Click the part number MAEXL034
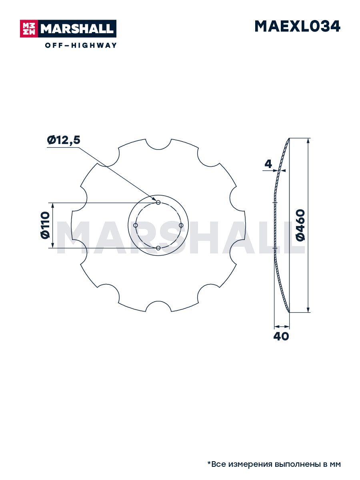pyautogui.click(x=297, y=26)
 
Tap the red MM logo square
pyautogui.click(x=29, y=29)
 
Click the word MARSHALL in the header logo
pyautogui.click(x=77, y=29)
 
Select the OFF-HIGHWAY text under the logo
pyautogui.click(x=81, y=45)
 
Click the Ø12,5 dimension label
pyautogui.click(x=64, y=140)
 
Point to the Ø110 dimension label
pyautogui.click(x=46, y=225)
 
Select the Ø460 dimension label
pyautogui.click(x=301, y=225)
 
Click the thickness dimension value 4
pyautogui.click(x=268, y=164)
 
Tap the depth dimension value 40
pyautogui.click(x=281, y=336)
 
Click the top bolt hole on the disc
pyautogui.click(x=158, y=202)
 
